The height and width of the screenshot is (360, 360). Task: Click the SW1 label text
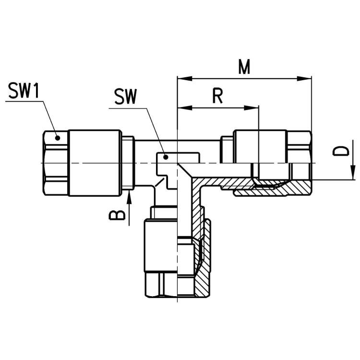pyautogui.click(x=24, y=90)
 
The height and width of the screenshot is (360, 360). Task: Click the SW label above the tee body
pyautogui.click(x=126, y=96)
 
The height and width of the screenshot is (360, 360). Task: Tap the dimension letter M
pyautogui.click(x=244, y=67)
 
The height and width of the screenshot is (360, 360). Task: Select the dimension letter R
pyautogui.click(x=217, y=96)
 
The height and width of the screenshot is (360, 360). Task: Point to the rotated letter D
pyautogui.click(x=341, y=151)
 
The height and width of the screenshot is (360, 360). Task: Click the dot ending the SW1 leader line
pyautogui.click(x=58, y=138)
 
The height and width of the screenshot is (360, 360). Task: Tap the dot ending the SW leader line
pyautogui.click(x=166, y=157)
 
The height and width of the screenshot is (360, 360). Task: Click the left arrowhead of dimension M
pyautogui.click(x=185, y=79)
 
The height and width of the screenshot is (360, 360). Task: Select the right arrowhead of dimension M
pyautogui.click(x=304, y=79)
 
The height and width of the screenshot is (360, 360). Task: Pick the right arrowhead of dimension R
pyautogui.click(x=252, y=108)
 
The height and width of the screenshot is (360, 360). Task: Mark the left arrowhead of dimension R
pyautogui.click(x=185, y=108)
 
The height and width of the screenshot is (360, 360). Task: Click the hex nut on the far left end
pyautogui.click(x=56, y=163)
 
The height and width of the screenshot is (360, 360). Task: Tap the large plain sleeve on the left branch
pyautogui.click(x=95, y=163)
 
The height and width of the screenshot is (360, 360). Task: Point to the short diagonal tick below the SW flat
pyautogui.click(x=160, y=182)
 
